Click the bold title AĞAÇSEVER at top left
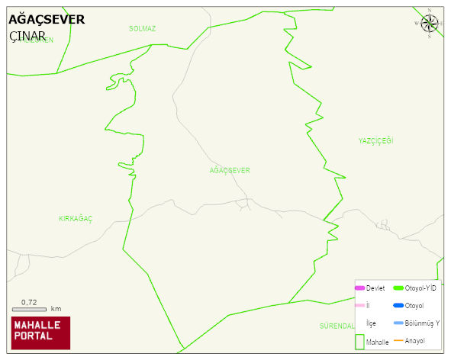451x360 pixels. pos(47,20)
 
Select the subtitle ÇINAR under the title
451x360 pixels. pos(27,37)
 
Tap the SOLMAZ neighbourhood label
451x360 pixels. pos(142,29)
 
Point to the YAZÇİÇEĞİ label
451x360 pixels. pos(375,141)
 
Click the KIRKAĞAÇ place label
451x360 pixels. pos(76,219)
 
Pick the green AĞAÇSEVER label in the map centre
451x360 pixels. pos(230,170)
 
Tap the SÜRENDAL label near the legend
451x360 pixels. pos(337,326)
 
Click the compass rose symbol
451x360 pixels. pos(430,24)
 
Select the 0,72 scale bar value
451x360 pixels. pos(29,302)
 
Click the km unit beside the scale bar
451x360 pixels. pos(56,309)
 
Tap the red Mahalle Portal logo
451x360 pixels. pos(40,332)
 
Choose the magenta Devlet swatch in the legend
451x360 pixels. pos(360,288)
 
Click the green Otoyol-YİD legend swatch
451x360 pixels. pos(398,288)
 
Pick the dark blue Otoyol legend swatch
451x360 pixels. pos(398,306)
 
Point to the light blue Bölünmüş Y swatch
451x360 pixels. pos(398,323)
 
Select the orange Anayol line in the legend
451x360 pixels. pos(398,340)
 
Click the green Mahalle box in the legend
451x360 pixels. pos(359,341)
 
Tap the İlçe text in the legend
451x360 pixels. pos(371,323)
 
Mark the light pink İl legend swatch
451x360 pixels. pos(360,306)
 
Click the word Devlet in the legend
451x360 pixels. pos(375,288)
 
